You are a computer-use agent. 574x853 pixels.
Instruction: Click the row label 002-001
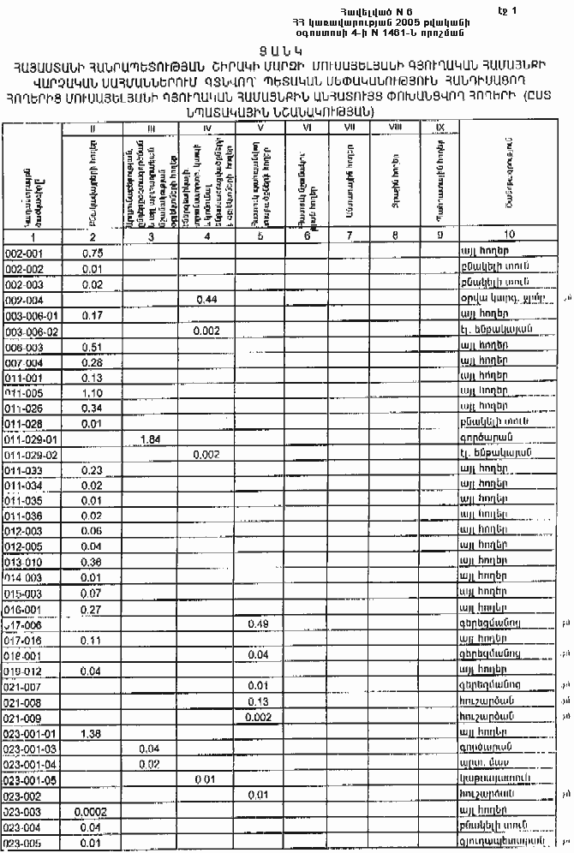[x=24, y=254]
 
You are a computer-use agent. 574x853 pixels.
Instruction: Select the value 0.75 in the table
[x=93, y=254]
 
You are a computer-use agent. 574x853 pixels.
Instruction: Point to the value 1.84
[x=150, y=438]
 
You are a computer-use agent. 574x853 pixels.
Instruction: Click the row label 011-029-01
[x=31, y=439]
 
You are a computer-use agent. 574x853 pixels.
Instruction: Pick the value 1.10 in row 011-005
[x=93, y=393]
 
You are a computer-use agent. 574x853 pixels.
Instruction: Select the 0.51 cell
[x=93, y=347]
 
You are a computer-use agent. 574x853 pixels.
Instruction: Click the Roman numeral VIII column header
[x=395, y=127]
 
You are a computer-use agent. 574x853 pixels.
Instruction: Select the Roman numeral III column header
[x=150, y=127]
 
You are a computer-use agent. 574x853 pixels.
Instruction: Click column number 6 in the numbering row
[x=306, y=235]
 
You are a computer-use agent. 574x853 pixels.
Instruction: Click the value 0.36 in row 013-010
[x=93, y=562]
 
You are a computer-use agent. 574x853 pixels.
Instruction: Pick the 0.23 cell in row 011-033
[x=93, y=469]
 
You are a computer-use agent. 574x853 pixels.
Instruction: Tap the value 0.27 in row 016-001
[x=93, y=608]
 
